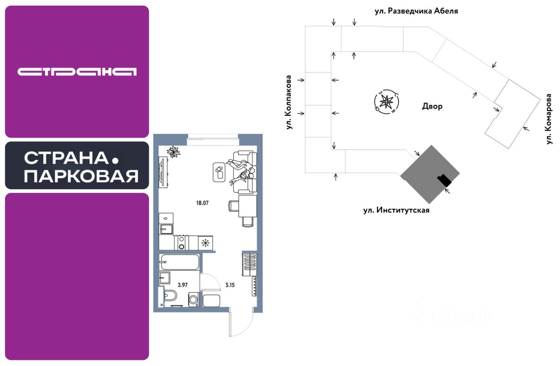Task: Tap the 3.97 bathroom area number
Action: (x=183, y=285)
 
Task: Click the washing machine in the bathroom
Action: (x=193, y=300)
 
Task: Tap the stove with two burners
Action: (x=181, y=243)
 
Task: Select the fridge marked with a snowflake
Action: (x=205, y=243)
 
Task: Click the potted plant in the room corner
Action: (x=174, y=152)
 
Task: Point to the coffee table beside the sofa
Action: (x=219, y=172)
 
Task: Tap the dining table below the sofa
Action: (x=247, y=206)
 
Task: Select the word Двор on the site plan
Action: (x=432, y=106)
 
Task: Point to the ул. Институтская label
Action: (x=396, y=210)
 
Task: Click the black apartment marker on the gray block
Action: (x=444, y=180)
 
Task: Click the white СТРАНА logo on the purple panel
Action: (x=77, y=72)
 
